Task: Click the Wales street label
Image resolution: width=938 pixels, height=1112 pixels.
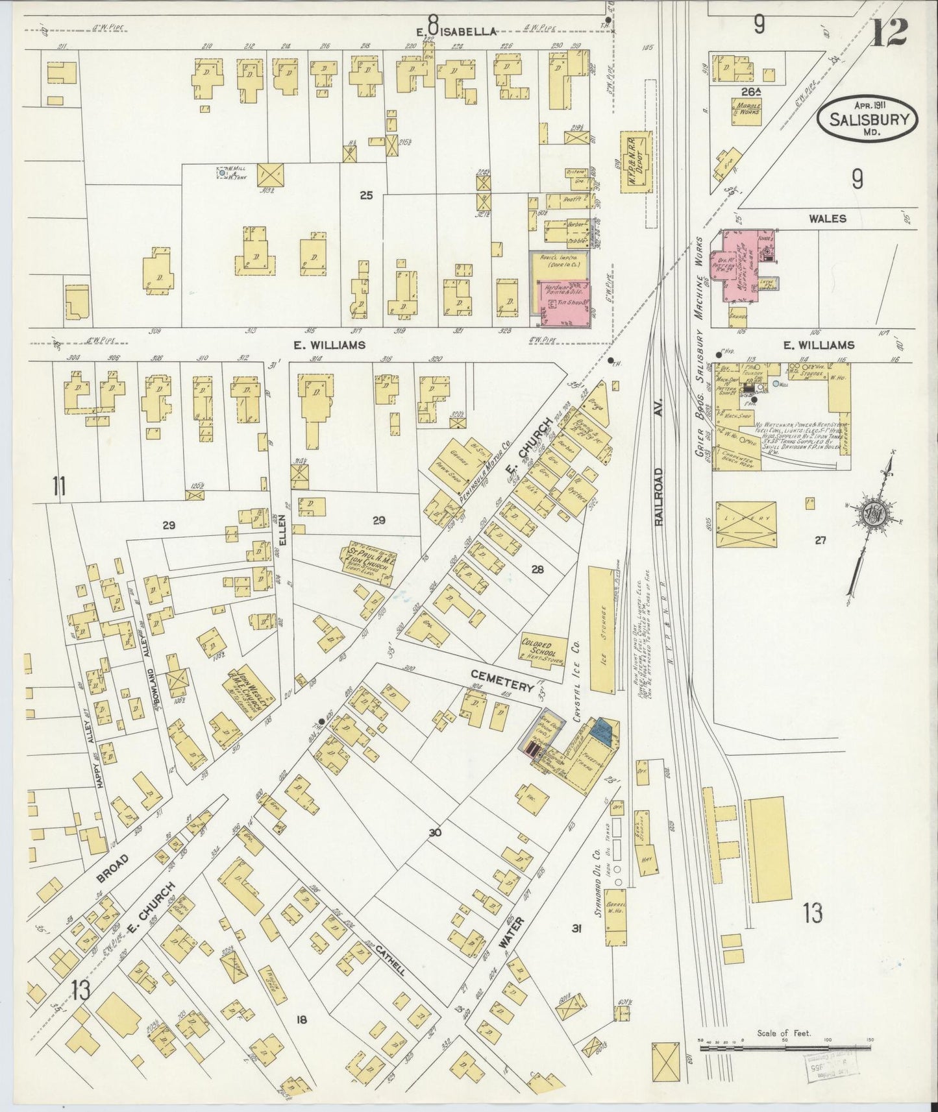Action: [828, 218]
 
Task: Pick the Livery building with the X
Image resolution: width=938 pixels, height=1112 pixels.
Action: [747, 524]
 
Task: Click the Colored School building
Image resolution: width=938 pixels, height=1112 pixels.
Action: [541, 647]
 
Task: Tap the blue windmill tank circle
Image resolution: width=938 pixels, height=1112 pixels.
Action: [223, 173]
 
